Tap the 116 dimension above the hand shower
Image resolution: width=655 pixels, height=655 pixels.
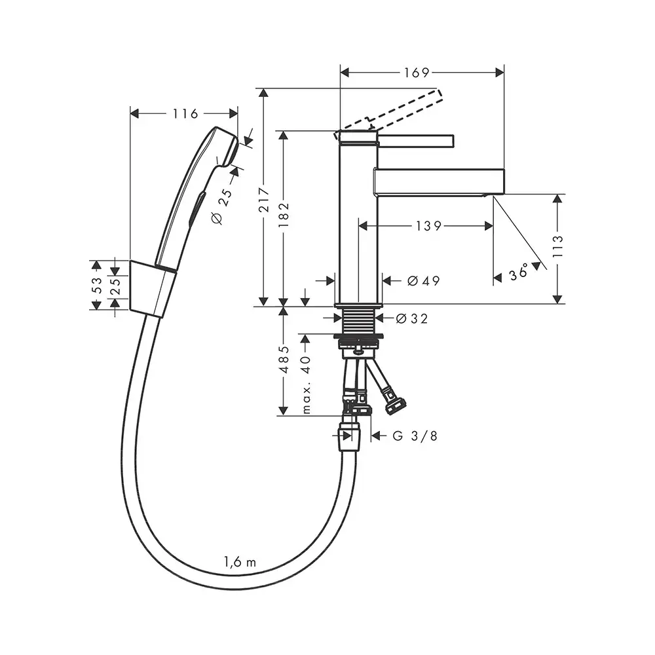click(x=185, y=114)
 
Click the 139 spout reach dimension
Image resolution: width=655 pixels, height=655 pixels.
click(x=428, y=226)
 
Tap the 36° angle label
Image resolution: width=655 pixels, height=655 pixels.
click(x=519, y=272)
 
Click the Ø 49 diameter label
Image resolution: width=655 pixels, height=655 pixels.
click(x=423, y=281)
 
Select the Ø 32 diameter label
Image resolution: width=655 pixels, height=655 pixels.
click(x=412, y=319)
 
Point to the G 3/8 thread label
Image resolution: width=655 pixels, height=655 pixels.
click(x=415, y=436)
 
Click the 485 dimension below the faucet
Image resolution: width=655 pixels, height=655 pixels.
click(x=283, y=360)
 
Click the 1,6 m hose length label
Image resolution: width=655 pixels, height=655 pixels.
click(x=239, y=561)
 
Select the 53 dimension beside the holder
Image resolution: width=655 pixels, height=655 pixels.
click(x=96, y=285)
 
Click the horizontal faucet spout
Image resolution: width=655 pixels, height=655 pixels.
click(x=439, y=181)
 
